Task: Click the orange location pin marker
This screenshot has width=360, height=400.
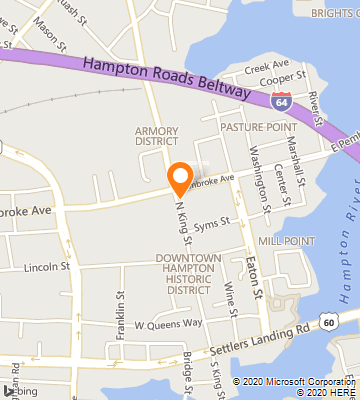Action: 181,178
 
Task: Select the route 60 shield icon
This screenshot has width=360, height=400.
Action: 328,318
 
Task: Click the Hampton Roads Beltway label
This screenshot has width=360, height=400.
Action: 168,77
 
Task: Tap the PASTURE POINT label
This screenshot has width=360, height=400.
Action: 258,128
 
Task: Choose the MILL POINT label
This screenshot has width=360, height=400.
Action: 286,241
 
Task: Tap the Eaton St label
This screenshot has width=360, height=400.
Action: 254,277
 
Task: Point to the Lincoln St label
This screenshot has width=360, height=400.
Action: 46,267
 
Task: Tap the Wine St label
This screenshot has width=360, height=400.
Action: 231,299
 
